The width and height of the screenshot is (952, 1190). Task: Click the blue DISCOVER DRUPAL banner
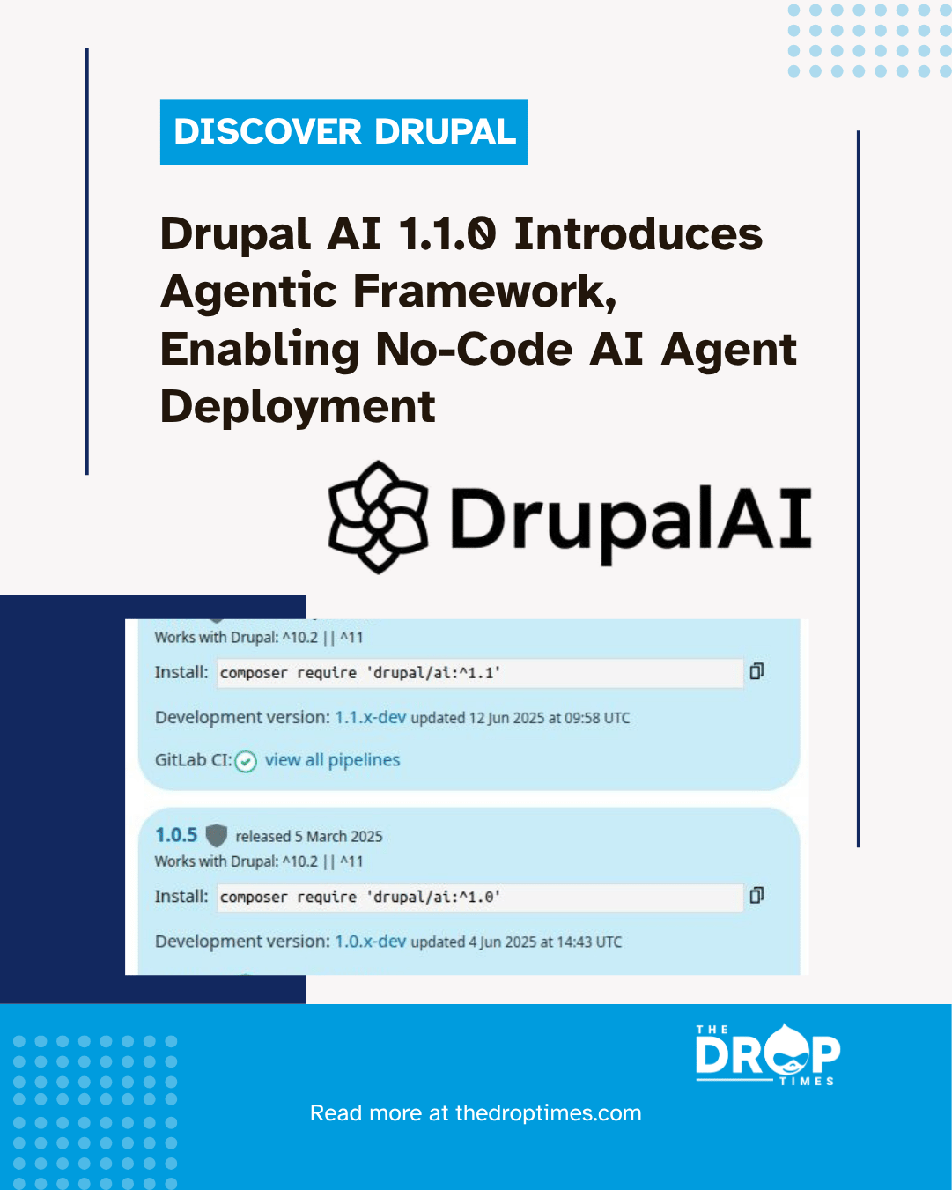(x=343, y=132)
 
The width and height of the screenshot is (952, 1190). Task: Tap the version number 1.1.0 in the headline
(x=446, y=234)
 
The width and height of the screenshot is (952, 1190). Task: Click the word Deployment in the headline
(x=298, y=407)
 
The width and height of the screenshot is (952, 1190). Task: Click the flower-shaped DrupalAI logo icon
(x=379, y=517)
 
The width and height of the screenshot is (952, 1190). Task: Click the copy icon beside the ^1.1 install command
(x=756, y=672)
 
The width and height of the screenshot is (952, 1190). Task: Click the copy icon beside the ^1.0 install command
(x=756, y=896)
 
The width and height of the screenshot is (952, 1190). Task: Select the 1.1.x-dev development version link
(x=371, y=718)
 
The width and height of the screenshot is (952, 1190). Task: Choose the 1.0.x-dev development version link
(x=371, y=942)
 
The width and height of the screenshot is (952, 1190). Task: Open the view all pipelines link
(x=332, y=760)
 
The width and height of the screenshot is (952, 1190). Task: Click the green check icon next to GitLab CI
(x=246, y=761)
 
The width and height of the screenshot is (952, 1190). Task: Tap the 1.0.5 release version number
(x=176, y=835)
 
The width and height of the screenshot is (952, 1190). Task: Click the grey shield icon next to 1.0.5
(x=216, y=835)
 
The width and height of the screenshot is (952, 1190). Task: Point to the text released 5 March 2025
(x=309, y=837)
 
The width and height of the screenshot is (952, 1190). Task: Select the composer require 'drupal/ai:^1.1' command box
(x=480, y=673)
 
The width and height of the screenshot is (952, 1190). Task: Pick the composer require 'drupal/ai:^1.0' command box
(x=480, y=897)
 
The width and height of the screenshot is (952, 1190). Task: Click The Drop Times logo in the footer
(x=766, y=1054)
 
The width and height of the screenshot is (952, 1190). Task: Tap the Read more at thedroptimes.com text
(x=476, y=1113)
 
